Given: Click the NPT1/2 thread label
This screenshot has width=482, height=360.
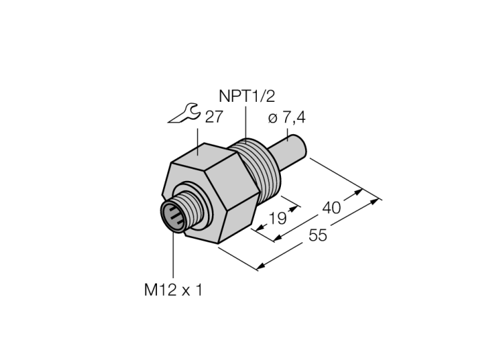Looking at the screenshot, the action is [247, 96].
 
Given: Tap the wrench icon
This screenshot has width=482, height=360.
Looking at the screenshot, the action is [184, 114].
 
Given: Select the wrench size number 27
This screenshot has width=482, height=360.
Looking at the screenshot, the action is [213, 116].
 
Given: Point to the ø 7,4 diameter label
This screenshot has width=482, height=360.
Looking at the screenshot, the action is [286, 118].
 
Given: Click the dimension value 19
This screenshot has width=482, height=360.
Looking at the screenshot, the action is [277, 218].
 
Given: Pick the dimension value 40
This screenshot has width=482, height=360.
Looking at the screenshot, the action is [331, 208].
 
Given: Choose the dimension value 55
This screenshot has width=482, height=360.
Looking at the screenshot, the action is [318, 235].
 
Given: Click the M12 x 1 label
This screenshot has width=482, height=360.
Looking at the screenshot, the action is [174, 290].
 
